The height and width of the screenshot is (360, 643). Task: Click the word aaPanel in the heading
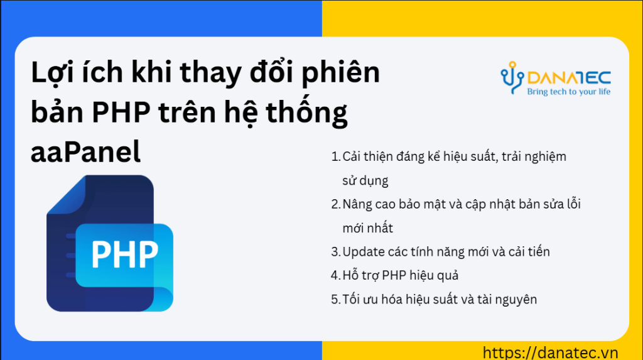[85, 151]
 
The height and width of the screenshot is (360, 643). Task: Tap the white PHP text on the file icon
[125, 254]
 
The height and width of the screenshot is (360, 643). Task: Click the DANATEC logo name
[569, 78]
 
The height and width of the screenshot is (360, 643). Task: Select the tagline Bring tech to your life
[569, 92]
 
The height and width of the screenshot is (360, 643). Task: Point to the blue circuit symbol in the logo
[512, 78]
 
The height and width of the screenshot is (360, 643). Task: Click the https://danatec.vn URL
[550, 352]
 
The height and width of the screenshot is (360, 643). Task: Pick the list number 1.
[335, 157]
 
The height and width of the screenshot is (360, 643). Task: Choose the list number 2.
[335, 204]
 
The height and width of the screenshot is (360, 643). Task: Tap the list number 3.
[335, 252]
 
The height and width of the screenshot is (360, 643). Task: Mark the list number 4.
[335, 275]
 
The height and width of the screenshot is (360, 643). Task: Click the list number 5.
[335, 300]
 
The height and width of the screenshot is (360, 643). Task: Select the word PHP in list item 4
[394, 275]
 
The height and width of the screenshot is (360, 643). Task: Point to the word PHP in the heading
[121, 112]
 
